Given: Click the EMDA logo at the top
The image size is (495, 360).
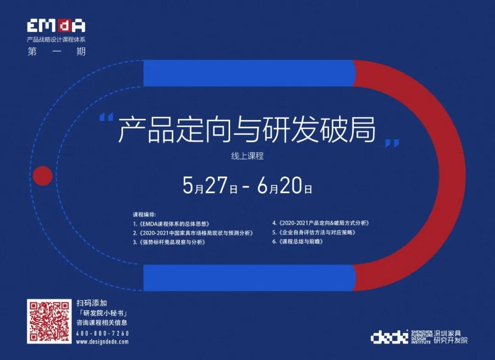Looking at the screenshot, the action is pos(56,26).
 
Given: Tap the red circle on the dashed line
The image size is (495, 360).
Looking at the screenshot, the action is pos(43,176).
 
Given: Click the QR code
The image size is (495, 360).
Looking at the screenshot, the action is pos(49,321).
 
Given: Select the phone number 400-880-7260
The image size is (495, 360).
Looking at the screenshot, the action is pos(103,333).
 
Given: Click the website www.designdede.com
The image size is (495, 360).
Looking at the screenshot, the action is pos(102,342).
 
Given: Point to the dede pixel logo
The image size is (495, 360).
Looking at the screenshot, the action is pos(390,337).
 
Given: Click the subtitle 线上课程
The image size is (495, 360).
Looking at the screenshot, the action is pos(247,156).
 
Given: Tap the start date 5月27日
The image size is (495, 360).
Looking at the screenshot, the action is pos(210,185).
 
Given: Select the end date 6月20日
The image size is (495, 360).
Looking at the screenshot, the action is pos(285,185).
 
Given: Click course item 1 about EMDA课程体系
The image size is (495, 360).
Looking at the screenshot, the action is pos(171,224).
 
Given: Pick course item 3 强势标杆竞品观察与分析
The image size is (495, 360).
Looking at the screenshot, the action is pos(170,242).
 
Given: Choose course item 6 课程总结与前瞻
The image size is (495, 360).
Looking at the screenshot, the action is pos(298,242).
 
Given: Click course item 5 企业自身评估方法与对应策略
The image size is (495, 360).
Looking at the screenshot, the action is pos(314,233).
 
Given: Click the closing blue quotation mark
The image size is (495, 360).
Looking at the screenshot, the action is pos(392,144).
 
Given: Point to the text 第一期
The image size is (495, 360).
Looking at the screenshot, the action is pos(56,51).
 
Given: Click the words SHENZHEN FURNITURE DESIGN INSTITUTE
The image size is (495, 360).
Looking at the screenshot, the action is pos(422,337).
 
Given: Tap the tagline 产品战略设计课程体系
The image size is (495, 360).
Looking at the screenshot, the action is pos(56,39).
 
